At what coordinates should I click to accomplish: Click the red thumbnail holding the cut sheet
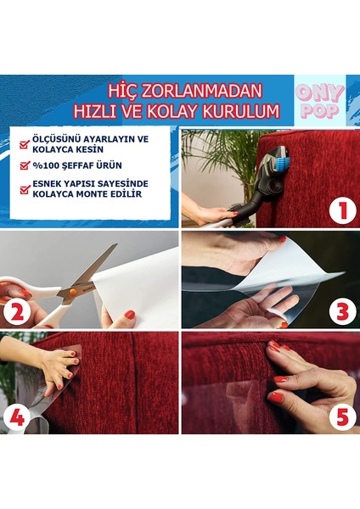[130, 315]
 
